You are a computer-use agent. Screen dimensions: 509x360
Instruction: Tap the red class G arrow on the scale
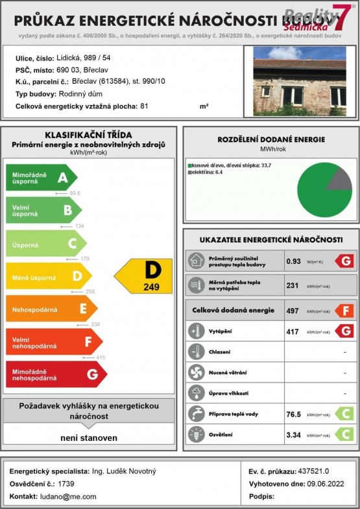click(x=56, y=374)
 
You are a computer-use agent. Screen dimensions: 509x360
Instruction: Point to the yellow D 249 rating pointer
click(x=144, y=276)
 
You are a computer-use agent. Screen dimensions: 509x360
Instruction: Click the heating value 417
click(x=293, y=332)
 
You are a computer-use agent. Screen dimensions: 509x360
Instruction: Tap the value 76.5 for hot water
click(x=294, y=414)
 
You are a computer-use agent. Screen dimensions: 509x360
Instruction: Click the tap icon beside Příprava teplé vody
click(x=195, y=414)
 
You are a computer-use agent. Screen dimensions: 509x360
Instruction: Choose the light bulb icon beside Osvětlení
click(x=195, y=434)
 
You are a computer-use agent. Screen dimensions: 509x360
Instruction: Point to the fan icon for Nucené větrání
click(x=195, y=373)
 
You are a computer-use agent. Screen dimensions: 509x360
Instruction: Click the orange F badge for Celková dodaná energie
click(x=344, y=311)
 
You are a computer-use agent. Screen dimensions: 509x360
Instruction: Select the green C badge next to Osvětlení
click(x=344, y=434)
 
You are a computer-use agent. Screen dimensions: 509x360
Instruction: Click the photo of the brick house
click(x=299, y=81)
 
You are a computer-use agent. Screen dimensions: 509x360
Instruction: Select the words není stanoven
click(x=89, y=438)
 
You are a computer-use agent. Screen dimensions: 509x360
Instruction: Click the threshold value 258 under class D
click(x=90, y=292)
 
